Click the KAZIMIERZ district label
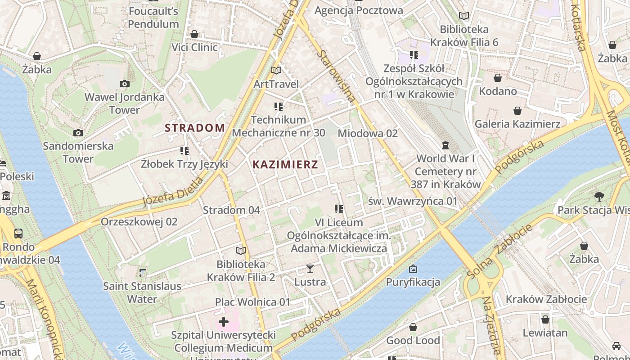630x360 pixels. coord(285,164)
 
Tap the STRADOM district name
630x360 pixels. coord(195,128)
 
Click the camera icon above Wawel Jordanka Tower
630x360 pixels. coord(125,84)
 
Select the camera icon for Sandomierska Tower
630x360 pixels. coord(78,133)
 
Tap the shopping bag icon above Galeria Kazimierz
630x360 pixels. coord(517,111)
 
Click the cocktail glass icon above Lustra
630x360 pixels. coord(310,269)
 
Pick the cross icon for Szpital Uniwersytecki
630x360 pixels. coord(224,321)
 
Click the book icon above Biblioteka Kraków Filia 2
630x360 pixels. coord(241,251)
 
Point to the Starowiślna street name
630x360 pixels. coord(336,76)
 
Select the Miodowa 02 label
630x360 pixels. coord(368,133)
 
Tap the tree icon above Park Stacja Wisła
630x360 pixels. coord(598,196)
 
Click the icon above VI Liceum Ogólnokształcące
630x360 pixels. coord(339,209)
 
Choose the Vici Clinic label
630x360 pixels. coord(194,47)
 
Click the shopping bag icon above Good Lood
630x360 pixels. coord(413,327)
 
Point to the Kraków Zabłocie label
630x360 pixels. coord(546,299)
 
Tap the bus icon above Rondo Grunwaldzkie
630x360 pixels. coord(18,234)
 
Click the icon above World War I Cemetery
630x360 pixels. coord(445,145)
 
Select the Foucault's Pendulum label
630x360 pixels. coord(153,17)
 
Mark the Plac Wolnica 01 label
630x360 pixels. coord(252,302)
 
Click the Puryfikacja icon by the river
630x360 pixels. coord(413,269)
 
